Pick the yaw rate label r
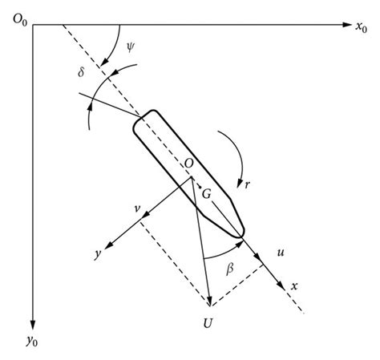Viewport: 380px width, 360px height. pos(249,184)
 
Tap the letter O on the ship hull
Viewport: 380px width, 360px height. pos(189,164)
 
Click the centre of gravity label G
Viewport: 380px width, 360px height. pos(206,195)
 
